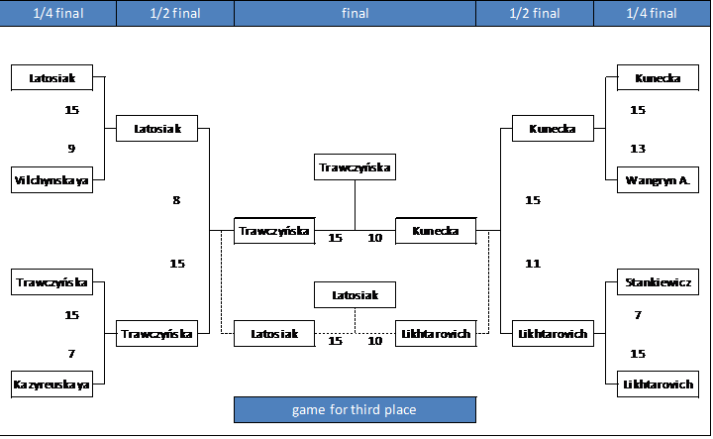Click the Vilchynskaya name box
pyautogui.click(x=51, y=180)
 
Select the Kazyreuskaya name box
pyautogui.click(x=51, y=384)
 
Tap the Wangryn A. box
pyautogui.click(x=658, y=180)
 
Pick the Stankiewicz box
pyautogui.click(x=658, y=282)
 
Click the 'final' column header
pyautogui.click(x=356, y=13)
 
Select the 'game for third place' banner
pyautogui.click(x=356, y=410)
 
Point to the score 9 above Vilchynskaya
pyautogui.click(x=71, y=149)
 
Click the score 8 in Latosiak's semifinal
pyautogui.click(x=176, y=200)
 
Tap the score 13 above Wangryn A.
pyautogui.click(x=638, y=149)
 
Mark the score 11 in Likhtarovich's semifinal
pyautogui.click(x=533, y=264)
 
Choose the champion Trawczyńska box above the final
pyautogui.click(x=355, y=167)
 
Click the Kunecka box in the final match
pyautogui.click(x=436, y=231)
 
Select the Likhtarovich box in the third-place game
pyautogui.click(x=436, y=334)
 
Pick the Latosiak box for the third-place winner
pyautogui.click(x=355, y=295)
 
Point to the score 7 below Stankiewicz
pyautogui.click(x=638, y=315)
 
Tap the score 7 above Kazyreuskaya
pyautogui.click(x=71, y=354)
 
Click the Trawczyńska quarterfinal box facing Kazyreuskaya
pyautogui.click(x=51, y=282)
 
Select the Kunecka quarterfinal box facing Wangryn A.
pyautogui.click(x=658, y=78)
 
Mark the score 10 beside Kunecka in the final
pyautogui.click(x=374, y=238)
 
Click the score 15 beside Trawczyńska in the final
pyautogui.click(x=335, y=238)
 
